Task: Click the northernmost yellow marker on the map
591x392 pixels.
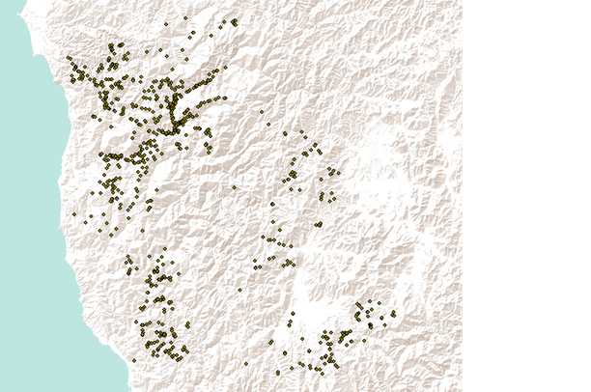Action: [185, 17]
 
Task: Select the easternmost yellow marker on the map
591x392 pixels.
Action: [393, 313]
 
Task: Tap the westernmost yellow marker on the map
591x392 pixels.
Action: [69, 58]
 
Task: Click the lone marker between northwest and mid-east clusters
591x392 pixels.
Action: [234, 186]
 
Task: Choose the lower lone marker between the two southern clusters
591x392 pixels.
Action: [245, 363]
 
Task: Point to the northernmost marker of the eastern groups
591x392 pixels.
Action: [263, 111]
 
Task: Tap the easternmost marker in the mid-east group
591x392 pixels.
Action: [338, 173]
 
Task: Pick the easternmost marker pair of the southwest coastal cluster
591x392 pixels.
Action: [187, 324]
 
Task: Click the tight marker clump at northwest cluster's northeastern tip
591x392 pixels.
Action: [234, 21]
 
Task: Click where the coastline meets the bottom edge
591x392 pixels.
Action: [129, 390]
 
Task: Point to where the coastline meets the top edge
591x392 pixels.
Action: [23, 2]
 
